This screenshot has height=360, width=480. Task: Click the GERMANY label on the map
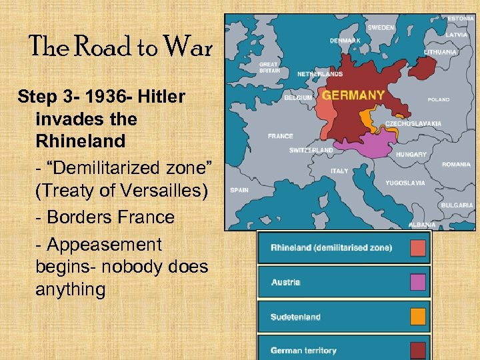353,95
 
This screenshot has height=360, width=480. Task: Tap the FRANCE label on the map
280,136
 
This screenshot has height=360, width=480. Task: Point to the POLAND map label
439,100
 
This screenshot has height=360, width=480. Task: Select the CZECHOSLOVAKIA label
413,123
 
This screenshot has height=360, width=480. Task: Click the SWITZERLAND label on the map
311,151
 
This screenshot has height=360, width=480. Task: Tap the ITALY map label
339,171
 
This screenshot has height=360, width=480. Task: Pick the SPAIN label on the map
239,190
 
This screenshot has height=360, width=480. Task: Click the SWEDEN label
381,28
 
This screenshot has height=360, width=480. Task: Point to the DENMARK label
345,41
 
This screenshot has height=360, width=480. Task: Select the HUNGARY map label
411,154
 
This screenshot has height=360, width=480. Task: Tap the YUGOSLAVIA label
405,183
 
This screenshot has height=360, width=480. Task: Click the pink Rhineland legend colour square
418,248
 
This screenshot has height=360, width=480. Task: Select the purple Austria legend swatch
418,282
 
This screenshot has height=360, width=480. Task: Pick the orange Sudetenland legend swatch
418,317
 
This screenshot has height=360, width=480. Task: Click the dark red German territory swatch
418,349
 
